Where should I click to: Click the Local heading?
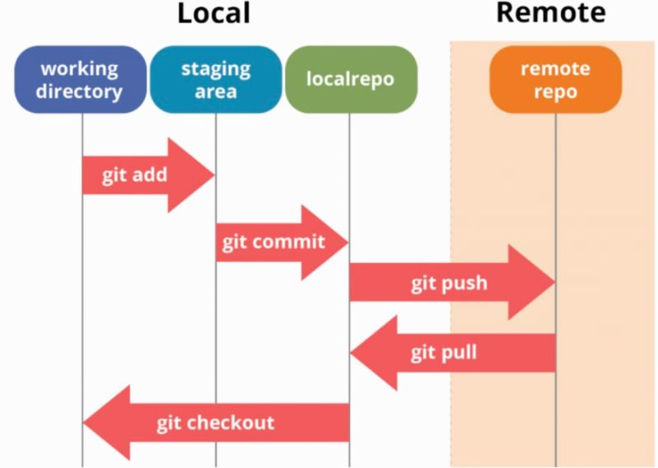click(x=213, y=13)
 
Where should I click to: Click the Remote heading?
click(x=550, y=12)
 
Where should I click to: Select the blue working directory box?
click(x=80, y=79)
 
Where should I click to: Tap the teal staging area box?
click(x=215, y=79)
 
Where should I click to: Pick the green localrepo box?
click(x=350, y=80)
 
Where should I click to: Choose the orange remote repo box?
click(x=554, y=79)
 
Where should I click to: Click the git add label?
click(x=135, y=175)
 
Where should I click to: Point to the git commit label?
click(x=273, y=243)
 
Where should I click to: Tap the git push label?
click(x=449, y=284)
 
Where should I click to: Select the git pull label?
click(x=444, y=353)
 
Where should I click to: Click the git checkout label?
click(x=215, y=423)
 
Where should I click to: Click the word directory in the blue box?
click(x=80, y=91)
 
